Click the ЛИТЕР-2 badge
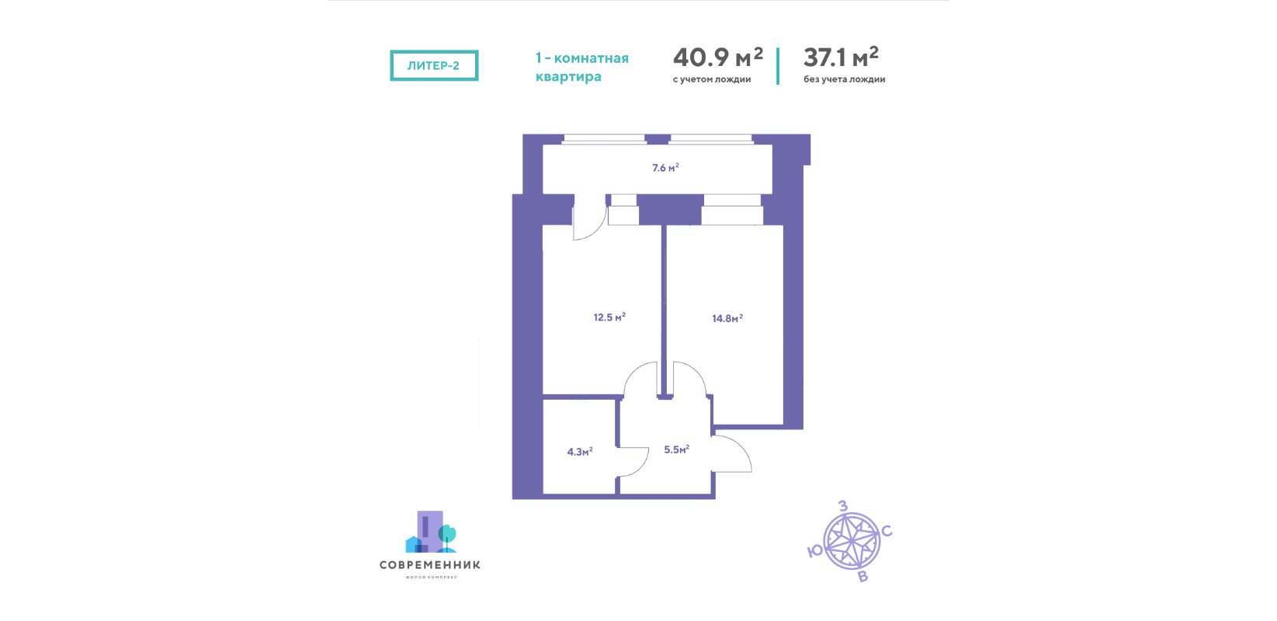pos(434,65)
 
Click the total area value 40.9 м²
pos(718,57)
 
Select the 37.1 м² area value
pos(841,57)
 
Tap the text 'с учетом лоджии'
pos(711,80)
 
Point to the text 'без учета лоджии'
pos(845,79)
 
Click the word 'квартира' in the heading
pos(568,76)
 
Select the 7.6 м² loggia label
pos(665,168)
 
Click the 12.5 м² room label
pos(609,317)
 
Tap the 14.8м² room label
pos(727,318)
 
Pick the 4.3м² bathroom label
pos(580,452)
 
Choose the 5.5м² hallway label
pos(677,449)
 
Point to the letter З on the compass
pos(842,506)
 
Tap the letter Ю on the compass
pos(815,551)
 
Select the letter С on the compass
pos(887,532)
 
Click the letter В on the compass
pos(863,577)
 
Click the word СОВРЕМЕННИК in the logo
pos(430,565)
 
